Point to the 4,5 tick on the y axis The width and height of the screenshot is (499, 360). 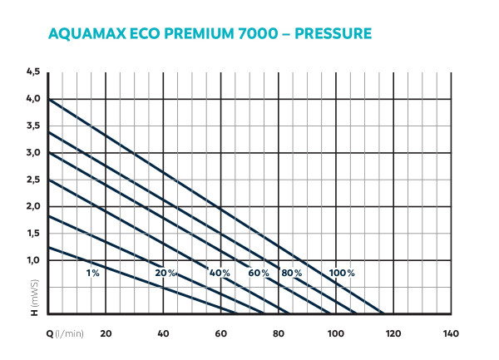tap(33, 72)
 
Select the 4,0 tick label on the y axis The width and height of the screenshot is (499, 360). tap(33, 99)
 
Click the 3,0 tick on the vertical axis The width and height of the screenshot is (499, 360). tap(33, 153)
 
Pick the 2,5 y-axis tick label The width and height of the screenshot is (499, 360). tap(33, 180)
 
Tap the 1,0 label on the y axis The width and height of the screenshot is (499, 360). tap(33, 260)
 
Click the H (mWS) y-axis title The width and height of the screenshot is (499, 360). tap(34, 299)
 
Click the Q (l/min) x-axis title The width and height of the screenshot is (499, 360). tap(65, 333)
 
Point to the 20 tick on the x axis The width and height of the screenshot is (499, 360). tap(106, 333)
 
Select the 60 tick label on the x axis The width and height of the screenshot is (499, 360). tap(220, 333)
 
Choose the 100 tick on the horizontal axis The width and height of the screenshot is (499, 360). tap(335, 333)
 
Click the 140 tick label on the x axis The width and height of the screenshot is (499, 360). tap(450, 333)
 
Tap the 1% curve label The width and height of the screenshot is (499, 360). tap(92, 274)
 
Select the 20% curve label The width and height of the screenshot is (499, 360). tap(165, 274)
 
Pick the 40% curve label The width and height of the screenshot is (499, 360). tap(220, 274)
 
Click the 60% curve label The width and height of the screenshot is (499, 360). tap(259, 274)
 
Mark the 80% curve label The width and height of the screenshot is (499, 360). tap(292, 274)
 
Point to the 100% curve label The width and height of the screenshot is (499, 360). tap(341, 274)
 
